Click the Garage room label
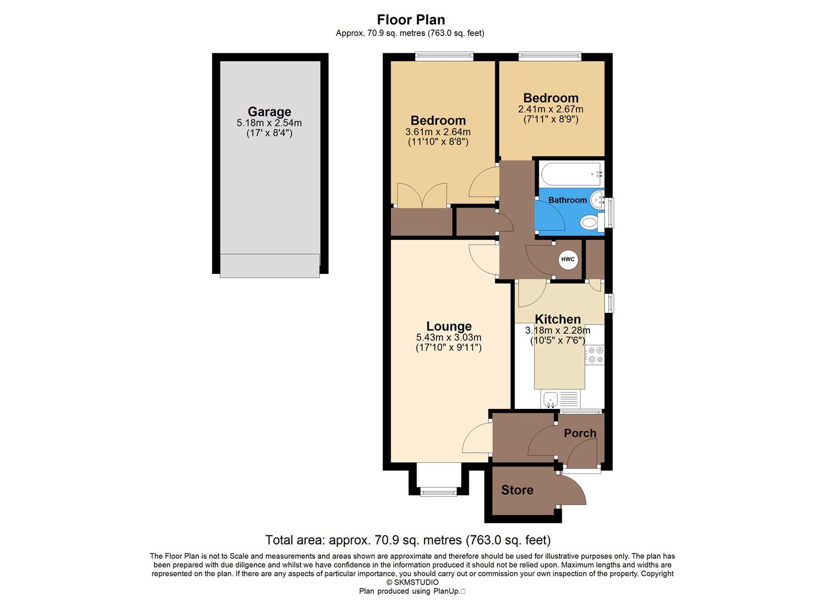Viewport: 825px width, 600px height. pyautogui.click(x=269, y=112)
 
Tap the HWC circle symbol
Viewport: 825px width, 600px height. pyautogui.click(x=567, y=259)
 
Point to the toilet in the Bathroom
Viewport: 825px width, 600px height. pyautogui.click(x=589, y=223)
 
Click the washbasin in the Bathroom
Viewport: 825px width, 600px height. pyautogui.click(x=597, y=198)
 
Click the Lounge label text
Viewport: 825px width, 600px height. pyautogui.click(x=448, y=326)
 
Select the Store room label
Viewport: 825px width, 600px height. pyautogui.click(x=517, y=490)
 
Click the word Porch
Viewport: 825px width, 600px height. pyautogui.click(x=579, y=433)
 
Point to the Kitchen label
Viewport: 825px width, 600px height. pyautogui.click(x=557, y=319)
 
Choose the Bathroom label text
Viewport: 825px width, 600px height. pyautogui.click(x=567, y=200)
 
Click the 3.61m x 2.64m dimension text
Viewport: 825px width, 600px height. pyautogui.click(x=438, y=132)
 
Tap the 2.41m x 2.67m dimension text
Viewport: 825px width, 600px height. pyautogui.click(x=551, y=109)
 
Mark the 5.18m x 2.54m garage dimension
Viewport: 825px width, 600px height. pyautogui.click(x=269, y=123)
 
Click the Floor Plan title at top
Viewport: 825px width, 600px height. pyautogui.click(x=411, y=20)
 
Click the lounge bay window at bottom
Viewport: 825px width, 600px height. pyautogui.click(x=438, y=490)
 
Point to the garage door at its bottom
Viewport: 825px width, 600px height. pyautogui.click(x=269, y=265)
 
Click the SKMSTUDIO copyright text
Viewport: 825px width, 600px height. pyautogui.click(x=412, y=582)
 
